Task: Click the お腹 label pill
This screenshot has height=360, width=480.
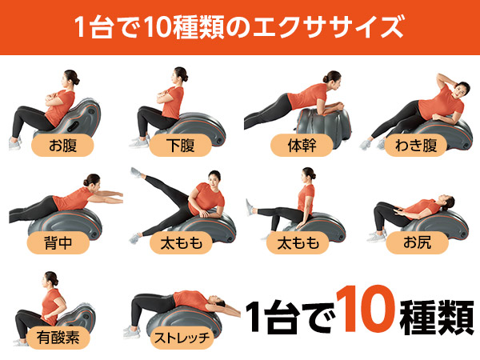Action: click(x=62, y=145)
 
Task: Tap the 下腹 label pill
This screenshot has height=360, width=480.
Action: click(x=181, y=145)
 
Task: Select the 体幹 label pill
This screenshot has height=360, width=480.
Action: click(x=302, y=145)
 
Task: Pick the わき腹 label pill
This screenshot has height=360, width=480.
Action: click(x=416, y=145)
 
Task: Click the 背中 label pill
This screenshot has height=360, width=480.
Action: click(x=58, y=242)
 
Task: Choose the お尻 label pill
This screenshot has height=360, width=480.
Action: click(x=417, y=242)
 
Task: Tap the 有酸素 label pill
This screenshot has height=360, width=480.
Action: click(x=58, y=338)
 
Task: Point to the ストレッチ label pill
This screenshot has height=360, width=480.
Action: click(x=182, y=338)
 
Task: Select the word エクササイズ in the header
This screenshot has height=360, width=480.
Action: click(x=328, y=27)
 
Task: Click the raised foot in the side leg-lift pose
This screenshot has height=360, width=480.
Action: click(x=136, y=172)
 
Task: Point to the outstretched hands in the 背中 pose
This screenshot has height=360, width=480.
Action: click(x=117, y=198)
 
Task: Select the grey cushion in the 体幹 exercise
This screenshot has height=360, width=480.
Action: click(x=325, y=124)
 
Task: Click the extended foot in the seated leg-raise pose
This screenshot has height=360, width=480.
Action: click(x=250, y=208)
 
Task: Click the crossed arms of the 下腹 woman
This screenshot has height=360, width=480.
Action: click(x=166, y=97)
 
